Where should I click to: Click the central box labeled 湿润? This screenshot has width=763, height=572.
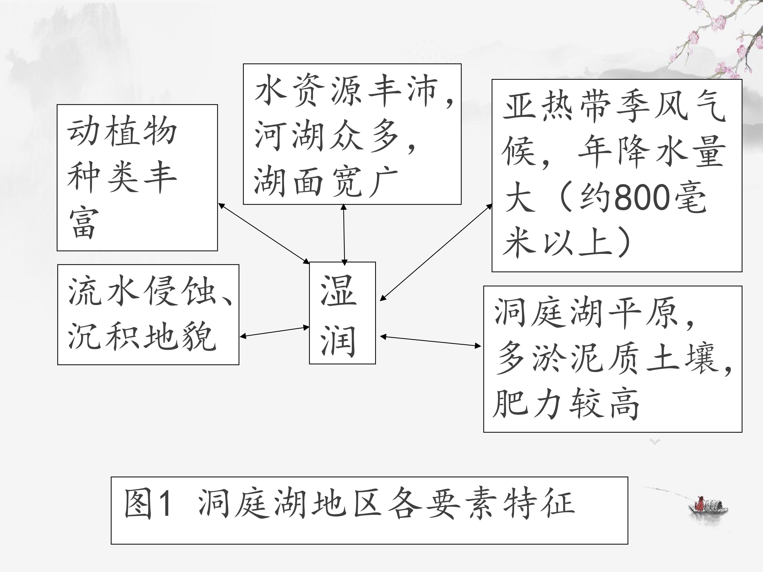(x=342, y=313)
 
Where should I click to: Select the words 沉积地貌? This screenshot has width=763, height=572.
(x=142, y=336)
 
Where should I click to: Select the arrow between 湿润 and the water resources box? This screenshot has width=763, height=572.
(x=344, y=234)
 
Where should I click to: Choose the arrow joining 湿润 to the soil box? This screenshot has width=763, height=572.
(x=431, y=341)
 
